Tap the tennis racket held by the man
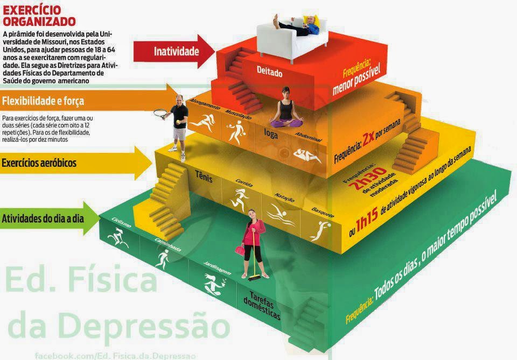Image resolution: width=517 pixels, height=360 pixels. [159, 114]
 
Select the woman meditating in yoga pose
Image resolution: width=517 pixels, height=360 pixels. [287, 110]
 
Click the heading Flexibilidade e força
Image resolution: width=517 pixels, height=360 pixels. [43, 101]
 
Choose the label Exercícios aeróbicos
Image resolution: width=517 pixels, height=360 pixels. [39, 162]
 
